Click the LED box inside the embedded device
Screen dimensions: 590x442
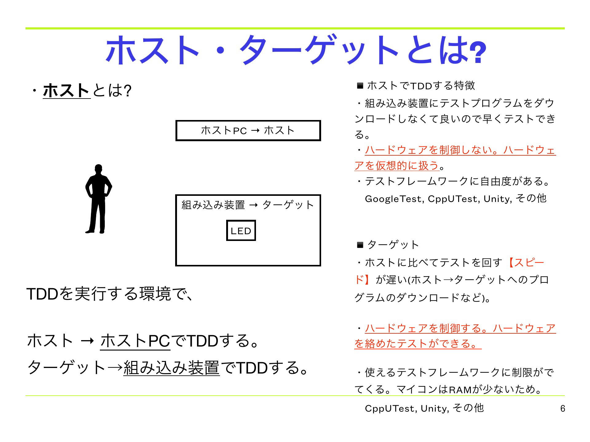coord(241,231)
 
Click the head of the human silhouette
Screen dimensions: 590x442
coord(98,169)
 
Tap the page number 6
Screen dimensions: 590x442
coord(563,409)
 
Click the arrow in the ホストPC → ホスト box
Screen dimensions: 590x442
coord(255,131)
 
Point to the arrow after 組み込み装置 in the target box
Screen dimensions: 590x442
coord(254,205)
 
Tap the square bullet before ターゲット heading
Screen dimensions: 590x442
coord(360,245)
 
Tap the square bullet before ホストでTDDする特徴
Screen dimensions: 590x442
coord(360,86)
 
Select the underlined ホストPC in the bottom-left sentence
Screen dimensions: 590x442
coord(135,341)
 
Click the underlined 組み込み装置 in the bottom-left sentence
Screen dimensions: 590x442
coord(171,368)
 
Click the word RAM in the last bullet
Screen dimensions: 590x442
coord(460,390)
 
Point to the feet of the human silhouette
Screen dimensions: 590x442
coord(95,231)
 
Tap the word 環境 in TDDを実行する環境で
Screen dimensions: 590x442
coord(155,294)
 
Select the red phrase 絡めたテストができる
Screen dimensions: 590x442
coord(418,343)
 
